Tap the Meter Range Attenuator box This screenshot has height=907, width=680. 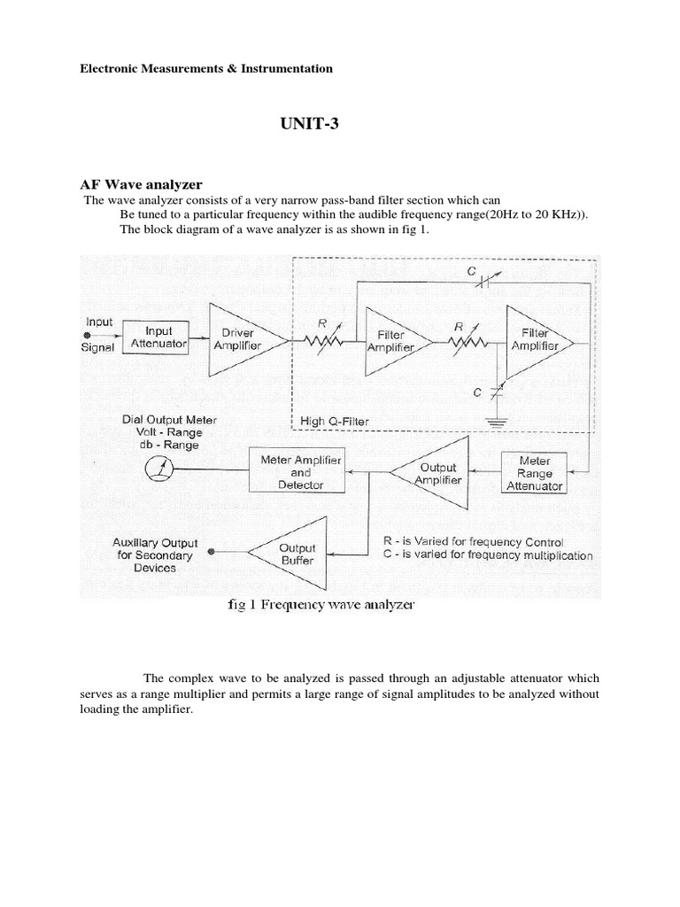534,472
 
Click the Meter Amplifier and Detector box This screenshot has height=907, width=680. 300,472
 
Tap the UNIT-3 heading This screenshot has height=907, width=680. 309,125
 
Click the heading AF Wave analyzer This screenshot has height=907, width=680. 143,184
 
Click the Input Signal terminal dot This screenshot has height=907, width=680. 87,336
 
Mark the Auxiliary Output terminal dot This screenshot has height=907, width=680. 210,551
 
